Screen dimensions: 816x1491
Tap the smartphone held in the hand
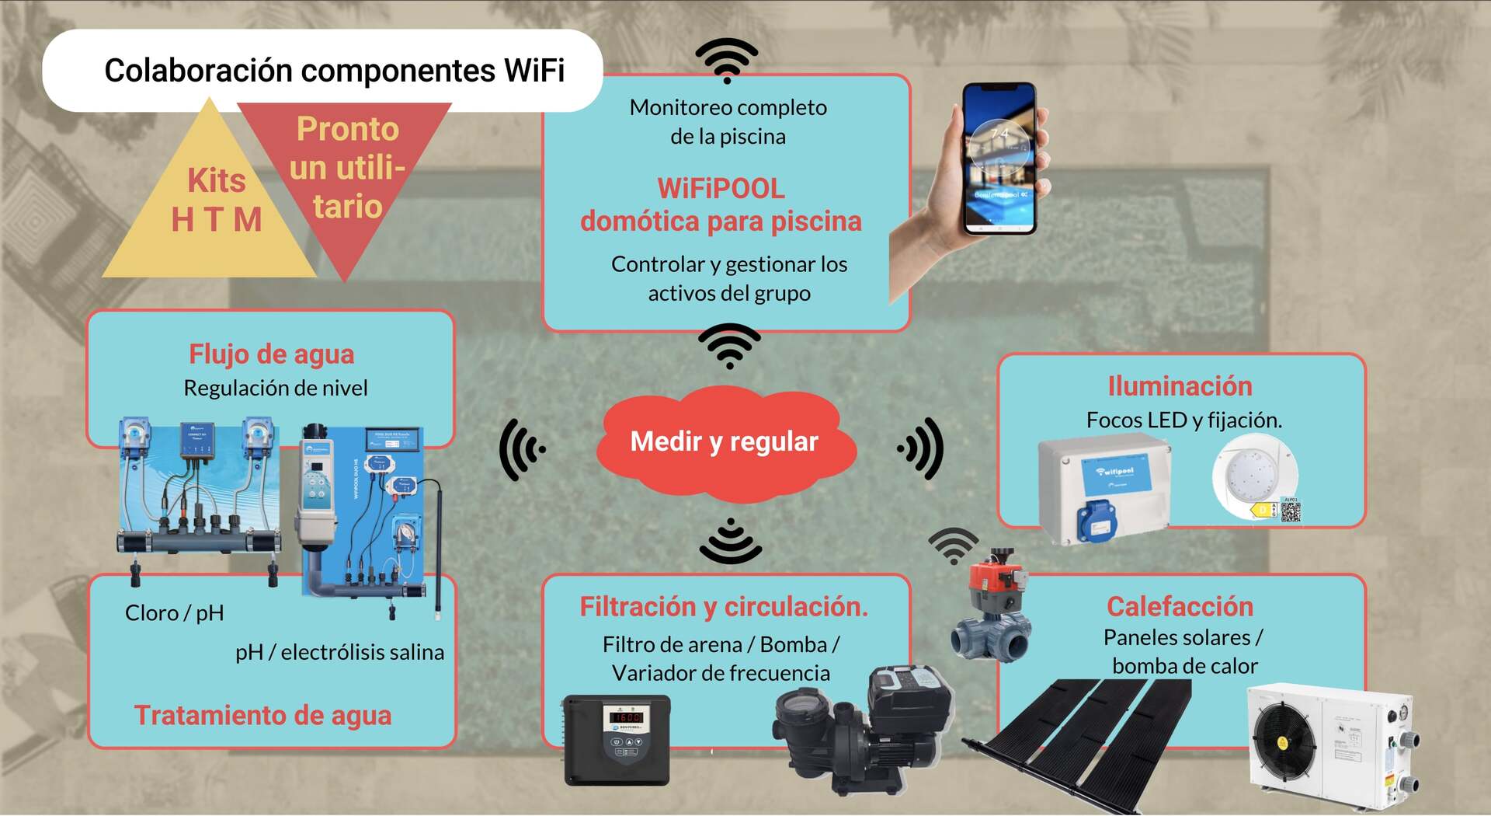pyautogui.click(x=999, y=159)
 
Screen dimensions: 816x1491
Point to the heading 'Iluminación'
pyautogui.click(x=1180, y=386)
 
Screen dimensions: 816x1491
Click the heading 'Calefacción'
pyautogui.click(x=1180, y=606)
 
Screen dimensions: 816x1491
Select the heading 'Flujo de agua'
pyautogui.click(x=272, y=354)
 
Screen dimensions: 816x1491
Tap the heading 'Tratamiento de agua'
pyautogui.click(x=262, y=715)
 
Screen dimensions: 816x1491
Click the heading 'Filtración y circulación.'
pyautogui.click(x=724, y=607)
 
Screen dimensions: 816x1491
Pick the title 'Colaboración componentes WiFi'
pyautogui.click(x=334, y=71)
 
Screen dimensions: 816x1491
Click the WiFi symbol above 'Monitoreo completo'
pyautogui.click(x=727, y=61)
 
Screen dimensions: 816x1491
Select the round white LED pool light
pyautogui.click(x=1252, y=476)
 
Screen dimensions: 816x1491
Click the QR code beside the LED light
pyautogui.click(x=1290, y=511)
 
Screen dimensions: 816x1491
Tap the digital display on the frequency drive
pyautogui.click(x=627, y=717)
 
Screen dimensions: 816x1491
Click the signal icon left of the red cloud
pyautogui.click(x=523, y=449)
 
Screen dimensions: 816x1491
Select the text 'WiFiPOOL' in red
pyautogui.click(x=721, y=189)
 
